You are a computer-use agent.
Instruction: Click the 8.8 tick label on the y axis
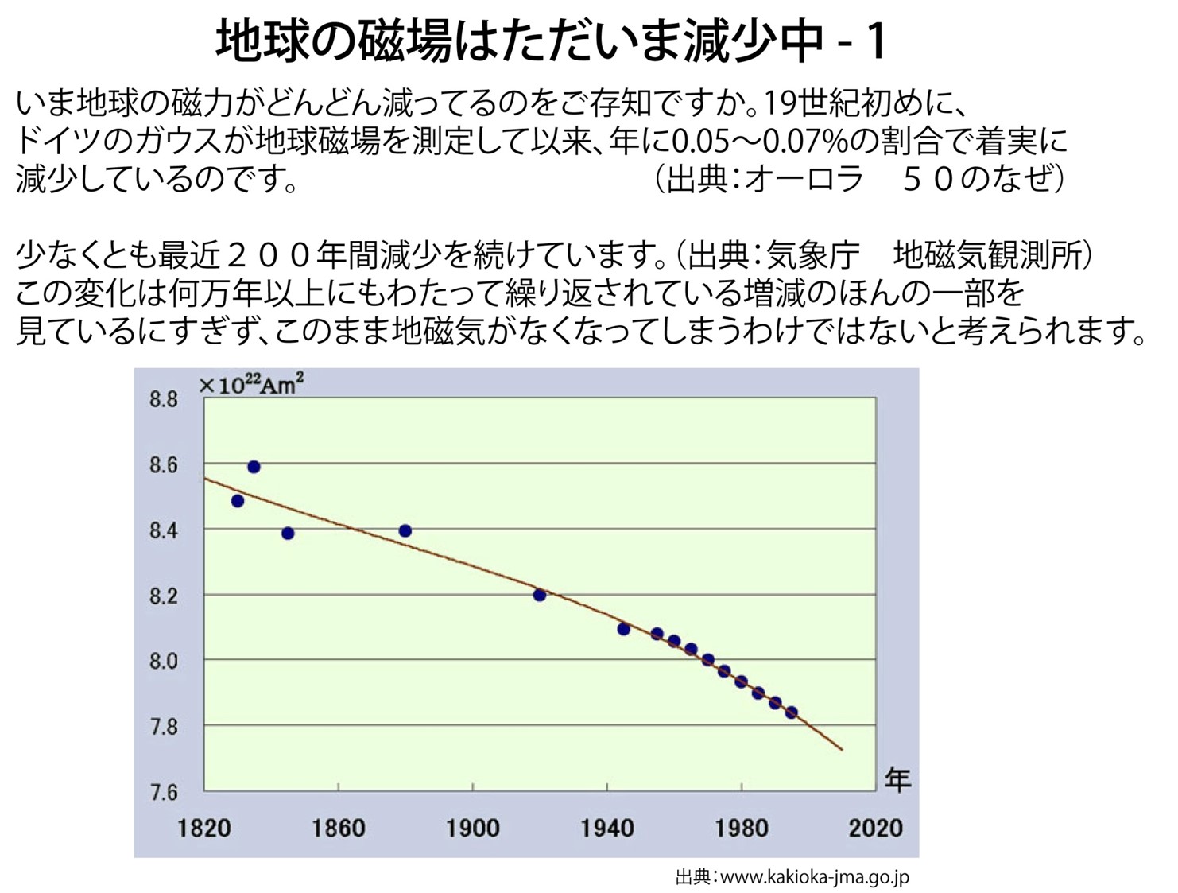(x=164, y=399)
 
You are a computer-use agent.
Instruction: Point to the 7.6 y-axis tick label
(x=164, y=793)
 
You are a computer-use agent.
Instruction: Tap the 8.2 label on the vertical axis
(x=164, y=596)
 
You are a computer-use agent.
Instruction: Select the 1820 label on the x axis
(x=204, y=828)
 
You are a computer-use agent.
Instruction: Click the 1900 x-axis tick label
(x=473, y=828)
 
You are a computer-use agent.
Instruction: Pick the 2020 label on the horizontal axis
(x=875, y=828)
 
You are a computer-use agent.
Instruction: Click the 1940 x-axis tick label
(x=607, y=828)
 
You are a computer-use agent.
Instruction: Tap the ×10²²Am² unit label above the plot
(x=250, y=385)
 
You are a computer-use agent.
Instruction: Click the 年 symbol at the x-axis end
(x=898, y=779)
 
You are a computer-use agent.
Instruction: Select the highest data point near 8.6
(x=254, y=467)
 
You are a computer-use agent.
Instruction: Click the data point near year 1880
(x=405, y=530)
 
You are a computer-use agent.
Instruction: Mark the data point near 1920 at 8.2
(x=540, y=595)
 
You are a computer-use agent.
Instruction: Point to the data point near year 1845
(x=288, y=533)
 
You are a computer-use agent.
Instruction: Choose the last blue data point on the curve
(x=791, y=712)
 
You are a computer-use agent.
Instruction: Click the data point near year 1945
(x=623, y=629)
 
